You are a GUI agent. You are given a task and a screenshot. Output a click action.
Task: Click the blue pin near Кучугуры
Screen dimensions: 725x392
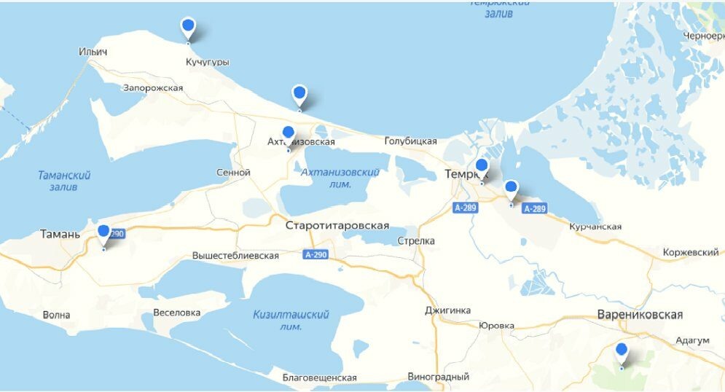point(188,28)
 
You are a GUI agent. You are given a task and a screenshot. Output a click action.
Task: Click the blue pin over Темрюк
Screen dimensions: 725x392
point(482,166)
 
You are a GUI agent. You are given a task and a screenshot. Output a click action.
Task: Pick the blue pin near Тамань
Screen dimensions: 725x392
point(103,232)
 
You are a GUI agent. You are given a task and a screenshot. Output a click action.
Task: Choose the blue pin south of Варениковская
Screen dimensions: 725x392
point(622,350)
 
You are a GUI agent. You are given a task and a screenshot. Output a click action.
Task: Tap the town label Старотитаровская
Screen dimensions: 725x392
point(338,225)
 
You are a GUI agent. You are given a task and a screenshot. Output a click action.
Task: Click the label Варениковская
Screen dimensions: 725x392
point(640,315)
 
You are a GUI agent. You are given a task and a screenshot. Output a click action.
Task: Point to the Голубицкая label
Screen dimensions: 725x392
point(410,141)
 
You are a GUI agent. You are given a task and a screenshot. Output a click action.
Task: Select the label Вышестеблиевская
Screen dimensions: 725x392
point(235,256)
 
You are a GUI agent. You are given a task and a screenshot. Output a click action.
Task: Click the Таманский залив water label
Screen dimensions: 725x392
point(65,181)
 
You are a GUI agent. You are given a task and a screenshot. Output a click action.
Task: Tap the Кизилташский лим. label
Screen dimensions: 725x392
point(291,321)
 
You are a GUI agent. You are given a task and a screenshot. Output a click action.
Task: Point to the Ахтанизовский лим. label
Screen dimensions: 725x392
point(340,178)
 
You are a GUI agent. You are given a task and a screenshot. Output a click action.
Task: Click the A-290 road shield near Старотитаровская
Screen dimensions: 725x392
point(316,254)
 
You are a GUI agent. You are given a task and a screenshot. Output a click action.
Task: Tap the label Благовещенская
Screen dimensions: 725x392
point(320,377)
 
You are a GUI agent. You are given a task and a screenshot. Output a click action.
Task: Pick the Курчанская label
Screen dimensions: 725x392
point(595,227)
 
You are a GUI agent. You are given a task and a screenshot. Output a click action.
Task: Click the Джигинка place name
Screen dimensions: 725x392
point(447,310)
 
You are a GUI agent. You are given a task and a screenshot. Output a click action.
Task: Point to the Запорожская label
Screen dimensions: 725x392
point(153,87)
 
